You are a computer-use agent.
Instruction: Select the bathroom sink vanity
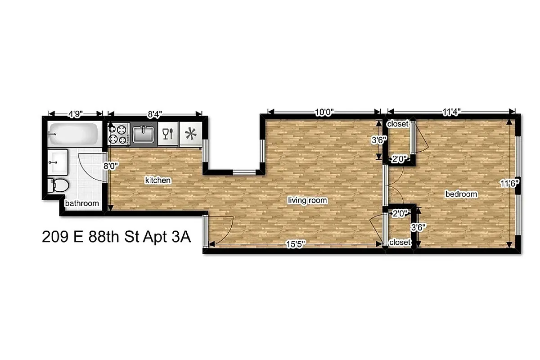[58, 161]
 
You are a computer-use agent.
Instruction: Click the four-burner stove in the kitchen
[119, 134]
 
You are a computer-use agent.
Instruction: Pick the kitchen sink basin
[144, 134]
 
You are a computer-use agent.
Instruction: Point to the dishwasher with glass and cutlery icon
[168, 134]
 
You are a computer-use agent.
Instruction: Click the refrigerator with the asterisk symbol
[191, 134]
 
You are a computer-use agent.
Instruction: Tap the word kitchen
[157, 180]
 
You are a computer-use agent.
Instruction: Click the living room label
[308, 200]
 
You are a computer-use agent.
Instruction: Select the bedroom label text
[461, 194]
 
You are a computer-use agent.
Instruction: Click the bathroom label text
[82, 203]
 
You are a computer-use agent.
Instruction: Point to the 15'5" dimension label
[296, 244]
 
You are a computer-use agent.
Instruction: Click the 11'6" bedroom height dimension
[510, 183]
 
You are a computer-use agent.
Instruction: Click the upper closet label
[398, 124]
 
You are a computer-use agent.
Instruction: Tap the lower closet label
[400, 242]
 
